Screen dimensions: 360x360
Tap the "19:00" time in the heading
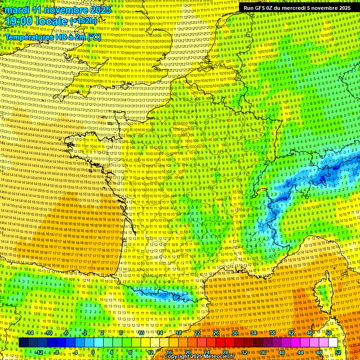tap(19, 21)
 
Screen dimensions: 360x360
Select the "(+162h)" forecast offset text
tap(83, 21)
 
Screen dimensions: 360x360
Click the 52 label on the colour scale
tap(338, 352)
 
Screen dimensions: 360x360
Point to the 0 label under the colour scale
tap(92, 352)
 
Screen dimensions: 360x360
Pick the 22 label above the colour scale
tap(197, 333)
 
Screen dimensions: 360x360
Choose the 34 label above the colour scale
tap(254, 333)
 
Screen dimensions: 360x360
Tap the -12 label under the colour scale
tap(39, 352)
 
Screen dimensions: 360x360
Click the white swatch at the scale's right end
tap(333, 343)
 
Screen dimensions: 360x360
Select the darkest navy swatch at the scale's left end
tap(23, 343)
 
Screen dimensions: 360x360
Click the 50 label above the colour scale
tap(329, 333)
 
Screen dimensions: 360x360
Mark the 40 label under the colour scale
tap(282, 352)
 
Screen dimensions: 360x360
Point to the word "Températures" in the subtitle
tap(29, 37)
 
